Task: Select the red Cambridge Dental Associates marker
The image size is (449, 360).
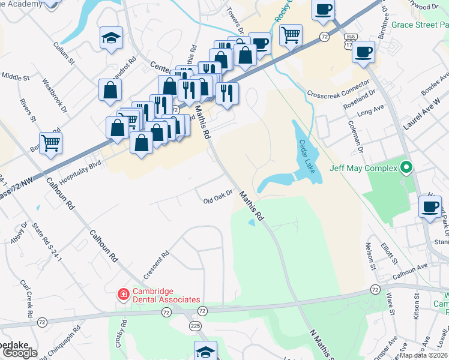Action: click(122, 294)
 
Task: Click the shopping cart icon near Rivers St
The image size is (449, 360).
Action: click(51, 143)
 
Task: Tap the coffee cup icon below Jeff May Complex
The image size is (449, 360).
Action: click(430, 207)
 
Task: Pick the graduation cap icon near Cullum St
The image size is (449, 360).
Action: click(111, 38)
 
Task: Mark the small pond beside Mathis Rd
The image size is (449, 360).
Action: click(250, 223)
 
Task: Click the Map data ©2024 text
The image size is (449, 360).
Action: click(424, 355)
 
